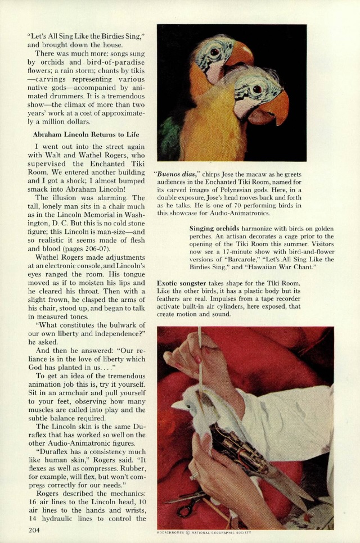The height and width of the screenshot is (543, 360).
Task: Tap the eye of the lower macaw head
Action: (x=256, y=89)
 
